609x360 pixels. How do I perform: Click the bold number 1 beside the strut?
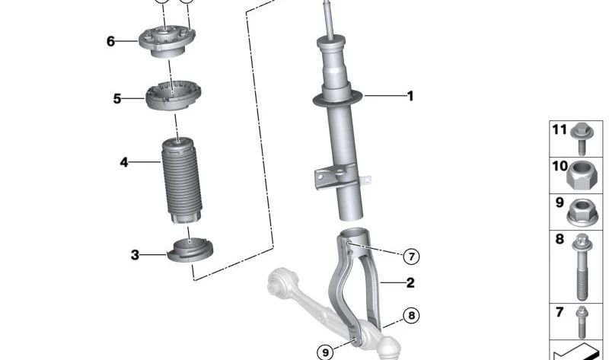410,96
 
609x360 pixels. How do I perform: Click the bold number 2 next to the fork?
410,283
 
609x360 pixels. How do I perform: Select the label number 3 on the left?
135,255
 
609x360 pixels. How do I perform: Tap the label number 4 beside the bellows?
123,162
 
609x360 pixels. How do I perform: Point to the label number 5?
117,99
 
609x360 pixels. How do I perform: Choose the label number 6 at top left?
111,41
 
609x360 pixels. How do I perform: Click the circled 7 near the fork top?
411,256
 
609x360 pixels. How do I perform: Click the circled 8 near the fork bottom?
411,315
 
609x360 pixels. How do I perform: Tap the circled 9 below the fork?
325,352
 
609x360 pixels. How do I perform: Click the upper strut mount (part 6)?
166,41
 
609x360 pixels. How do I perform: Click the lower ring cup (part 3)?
190,250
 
